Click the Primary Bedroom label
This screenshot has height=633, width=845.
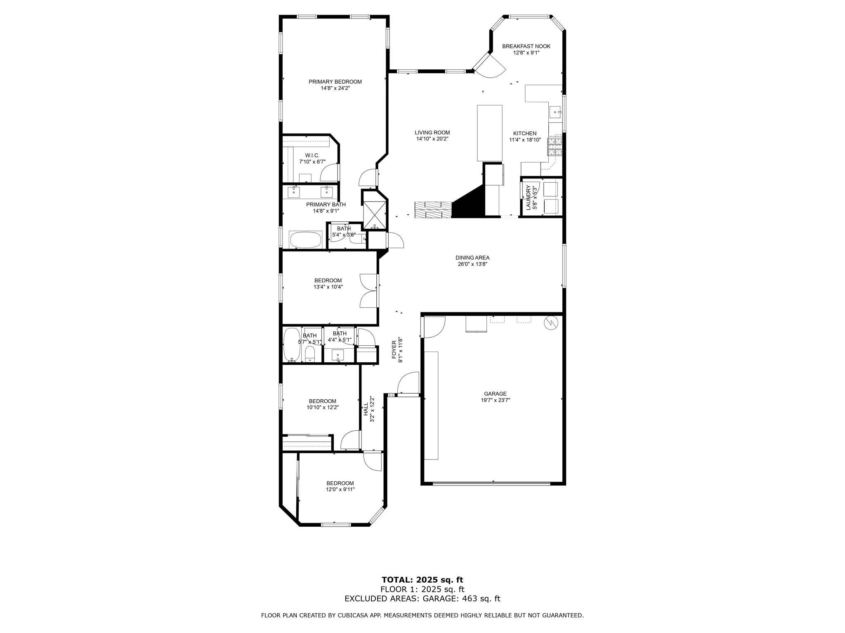(335, 82)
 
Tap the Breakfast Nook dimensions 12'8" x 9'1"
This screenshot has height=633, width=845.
(526, 53)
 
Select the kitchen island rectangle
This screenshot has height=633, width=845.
(490, 133)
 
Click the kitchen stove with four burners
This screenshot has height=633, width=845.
(555, 147)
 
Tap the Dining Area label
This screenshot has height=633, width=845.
(472, 258)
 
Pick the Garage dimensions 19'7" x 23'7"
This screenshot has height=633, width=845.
(495, 400)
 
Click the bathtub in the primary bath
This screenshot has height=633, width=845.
(305, 239)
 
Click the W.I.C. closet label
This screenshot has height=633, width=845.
(312, 155)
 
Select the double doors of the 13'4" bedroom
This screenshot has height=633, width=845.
(368, 291)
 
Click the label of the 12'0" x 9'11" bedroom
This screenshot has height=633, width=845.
(340, 483)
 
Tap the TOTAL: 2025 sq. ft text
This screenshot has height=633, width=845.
(422, 580)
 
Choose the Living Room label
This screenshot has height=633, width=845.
(432, 133)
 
